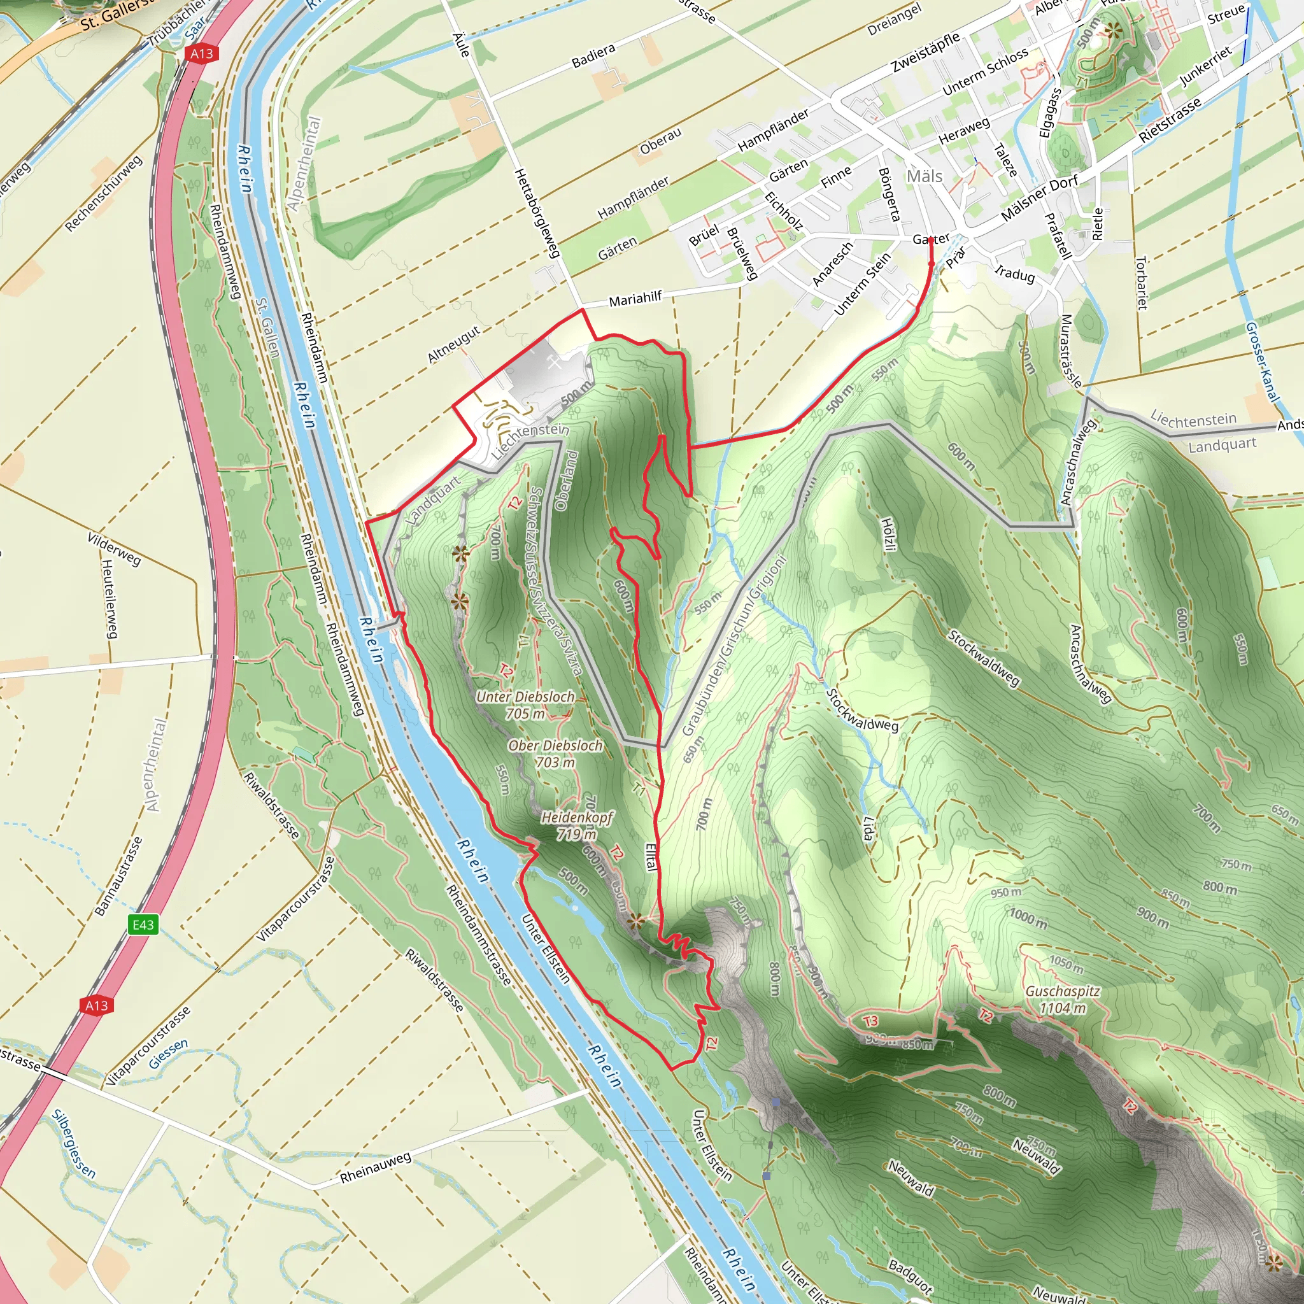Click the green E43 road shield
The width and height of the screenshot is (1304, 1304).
click(x=143, y=924)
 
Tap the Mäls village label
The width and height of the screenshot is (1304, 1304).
click(x=924, y=176)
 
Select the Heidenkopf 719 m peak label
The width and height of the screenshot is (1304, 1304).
click(x=577, y=825)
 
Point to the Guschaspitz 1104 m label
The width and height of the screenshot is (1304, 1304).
click(x=1063, y=1000)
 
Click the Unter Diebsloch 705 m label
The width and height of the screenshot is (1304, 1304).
click(x=526, y=705)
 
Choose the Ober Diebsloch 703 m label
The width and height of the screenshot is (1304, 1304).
click(x=555, y=754)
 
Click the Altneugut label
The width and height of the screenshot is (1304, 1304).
click(x=454, y=344)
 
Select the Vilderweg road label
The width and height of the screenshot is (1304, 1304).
click(x=114, y=548)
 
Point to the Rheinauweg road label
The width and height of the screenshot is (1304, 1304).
click(x=375, y=1168)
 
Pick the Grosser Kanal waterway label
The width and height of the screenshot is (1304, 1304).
click(x=1261, y=360)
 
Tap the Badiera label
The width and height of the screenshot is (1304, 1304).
click(x=593, y=56)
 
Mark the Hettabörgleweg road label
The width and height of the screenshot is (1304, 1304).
click(x=537, y=213)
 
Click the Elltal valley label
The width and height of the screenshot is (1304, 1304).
click(x=651, y=857)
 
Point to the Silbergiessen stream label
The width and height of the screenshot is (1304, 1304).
click(x=74, y=1143)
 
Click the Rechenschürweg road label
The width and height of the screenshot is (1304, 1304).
click(x=104, y=193)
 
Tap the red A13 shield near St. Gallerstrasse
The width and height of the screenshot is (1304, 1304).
click(x=201, y=53)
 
